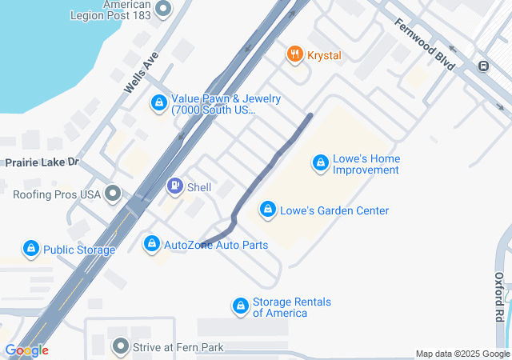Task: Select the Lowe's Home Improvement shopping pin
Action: tap(320, 163)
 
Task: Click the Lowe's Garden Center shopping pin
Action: tap(267, 210)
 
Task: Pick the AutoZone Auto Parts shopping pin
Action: tap(151, 243)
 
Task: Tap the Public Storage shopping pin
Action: tap(30, 250)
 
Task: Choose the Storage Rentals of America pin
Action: tap(240, 306)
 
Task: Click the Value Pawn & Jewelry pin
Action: tap(158, 103)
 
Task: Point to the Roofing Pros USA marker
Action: tap(113, 194)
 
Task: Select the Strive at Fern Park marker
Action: tap(121, 346)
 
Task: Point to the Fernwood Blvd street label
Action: tap(424, 43)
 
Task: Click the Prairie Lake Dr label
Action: tap(42, 162)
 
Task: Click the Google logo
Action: tap(26, 350)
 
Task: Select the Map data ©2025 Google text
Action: tap(462, 354)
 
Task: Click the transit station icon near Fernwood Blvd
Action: tap(483, 66)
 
